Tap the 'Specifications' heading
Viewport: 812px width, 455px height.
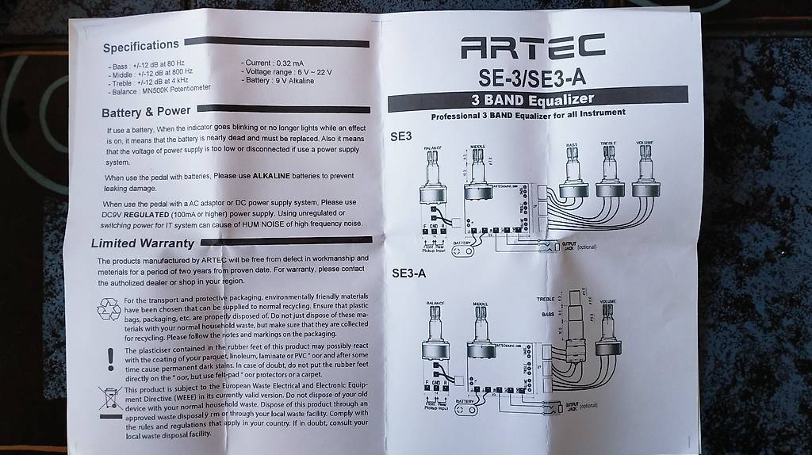point(140,45)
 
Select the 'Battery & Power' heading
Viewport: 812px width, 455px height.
point(146,112)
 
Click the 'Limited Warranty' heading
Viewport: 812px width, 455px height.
point(142,243)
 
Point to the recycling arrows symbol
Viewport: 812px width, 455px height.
point(108,309)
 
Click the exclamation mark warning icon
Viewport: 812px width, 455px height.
point(110,357)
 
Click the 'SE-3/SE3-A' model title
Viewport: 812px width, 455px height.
point(531,77)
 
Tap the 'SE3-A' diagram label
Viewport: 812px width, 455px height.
point(408,273)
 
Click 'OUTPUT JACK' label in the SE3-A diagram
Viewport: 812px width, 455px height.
point(565,406)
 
